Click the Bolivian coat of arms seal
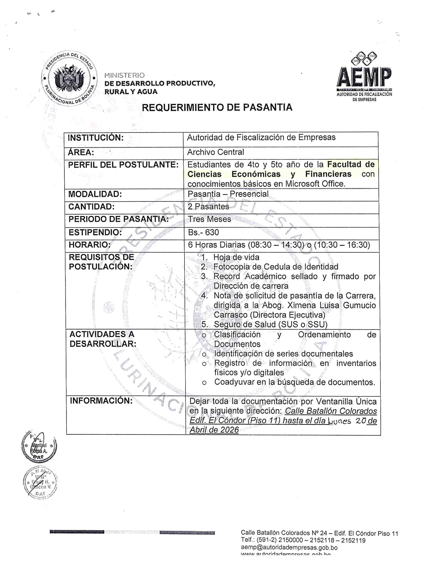tap(69, 78)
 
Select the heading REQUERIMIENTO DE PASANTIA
tap(217, 107)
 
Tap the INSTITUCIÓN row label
tap(96, 138)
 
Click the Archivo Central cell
tap(215, 152)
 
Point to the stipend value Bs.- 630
tap(203, 232)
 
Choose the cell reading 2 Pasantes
tap(208, 207)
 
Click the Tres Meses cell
tap(209, 219)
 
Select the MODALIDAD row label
tap(95, 194)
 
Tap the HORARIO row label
tap(89, 245)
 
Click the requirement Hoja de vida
tap(236, 257)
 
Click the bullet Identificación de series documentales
tap(284, 354)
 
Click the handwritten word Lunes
tap(339, 421)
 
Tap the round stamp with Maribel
tap(39, 447)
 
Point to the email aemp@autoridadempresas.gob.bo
tap(289, 548)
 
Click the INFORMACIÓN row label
tap(101, 400)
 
